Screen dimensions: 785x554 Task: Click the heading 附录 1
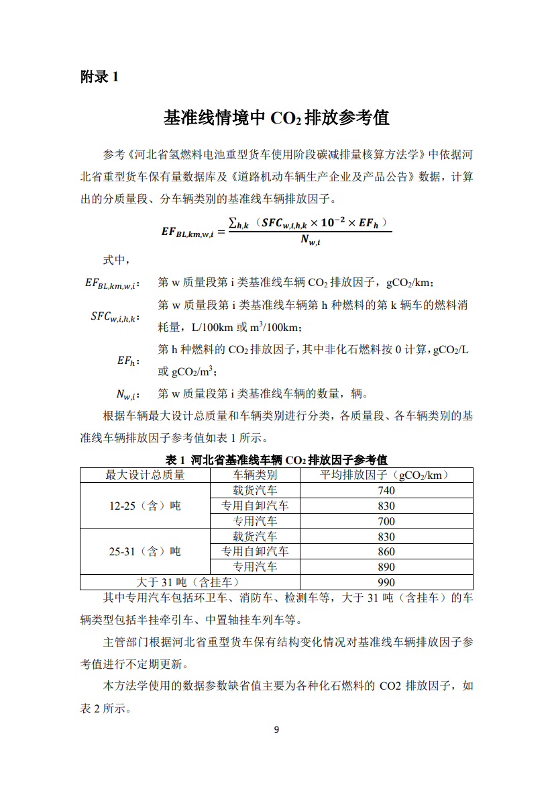[x=99, y=77]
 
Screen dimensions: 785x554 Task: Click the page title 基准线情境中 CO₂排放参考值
[x=276, y=118]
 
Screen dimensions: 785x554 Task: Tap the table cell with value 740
[x=386, y=490]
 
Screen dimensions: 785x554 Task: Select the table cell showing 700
[x=386, y=521]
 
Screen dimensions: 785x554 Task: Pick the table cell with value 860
[x=386, y=551]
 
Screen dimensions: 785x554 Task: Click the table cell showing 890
[x=386, y=567]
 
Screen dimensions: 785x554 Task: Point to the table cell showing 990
[x=386, y=582]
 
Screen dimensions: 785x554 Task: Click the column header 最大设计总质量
[x=145, y=475]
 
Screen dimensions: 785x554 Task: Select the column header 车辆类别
[x=255, y=475]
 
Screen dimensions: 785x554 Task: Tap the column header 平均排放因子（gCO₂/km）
[x=386, y=475]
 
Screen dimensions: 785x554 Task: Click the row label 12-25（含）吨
[x=145, y=506]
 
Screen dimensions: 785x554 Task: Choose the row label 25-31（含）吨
[x=145, y=551]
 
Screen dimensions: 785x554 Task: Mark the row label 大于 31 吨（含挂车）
[x=189, y=582]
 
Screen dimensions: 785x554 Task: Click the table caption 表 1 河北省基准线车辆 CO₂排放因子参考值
[x=276, y=460]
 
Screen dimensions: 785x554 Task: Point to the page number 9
[x=276, y=730]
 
